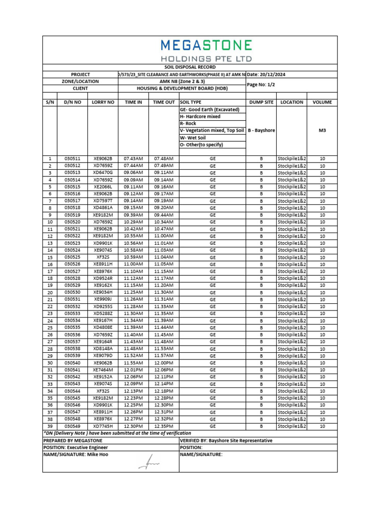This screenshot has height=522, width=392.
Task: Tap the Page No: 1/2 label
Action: [261, 85]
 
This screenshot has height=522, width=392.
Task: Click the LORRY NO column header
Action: [103, 102]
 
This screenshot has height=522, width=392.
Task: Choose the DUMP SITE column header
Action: [261, 102]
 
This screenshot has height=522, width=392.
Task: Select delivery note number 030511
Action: [72, 159]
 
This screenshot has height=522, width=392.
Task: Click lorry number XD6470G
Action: [103, 173]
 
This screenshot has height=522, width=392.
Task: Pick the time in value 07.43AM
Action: [133, 159]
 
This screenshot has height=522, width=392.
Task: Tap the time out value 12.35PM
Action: [164, 426]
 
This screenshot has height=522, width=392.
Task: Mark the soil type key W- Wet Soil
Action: [193, 138]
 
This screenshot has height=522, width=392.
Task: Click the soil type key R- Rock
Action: [188, 124]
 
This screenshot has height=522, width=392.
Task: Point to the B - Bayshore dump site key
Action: [261, 130]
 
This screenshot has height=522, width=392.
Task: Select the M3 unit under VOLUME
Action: [322, 130]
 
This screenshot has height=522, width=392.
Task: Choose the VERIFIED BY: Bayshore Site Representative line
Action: [226, 440]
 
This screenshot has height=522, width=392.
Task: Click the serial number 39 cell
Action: [50, 426]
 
